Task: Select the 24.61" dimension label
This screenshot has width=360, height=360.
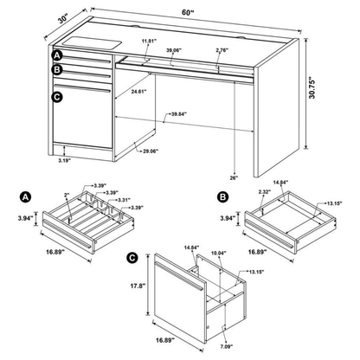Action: click(134, 89)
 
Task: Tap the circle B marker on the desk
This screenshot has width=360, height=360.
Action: click(57, 69)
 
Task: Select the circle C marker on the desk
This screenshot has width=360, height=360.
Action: click(57, 97)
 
